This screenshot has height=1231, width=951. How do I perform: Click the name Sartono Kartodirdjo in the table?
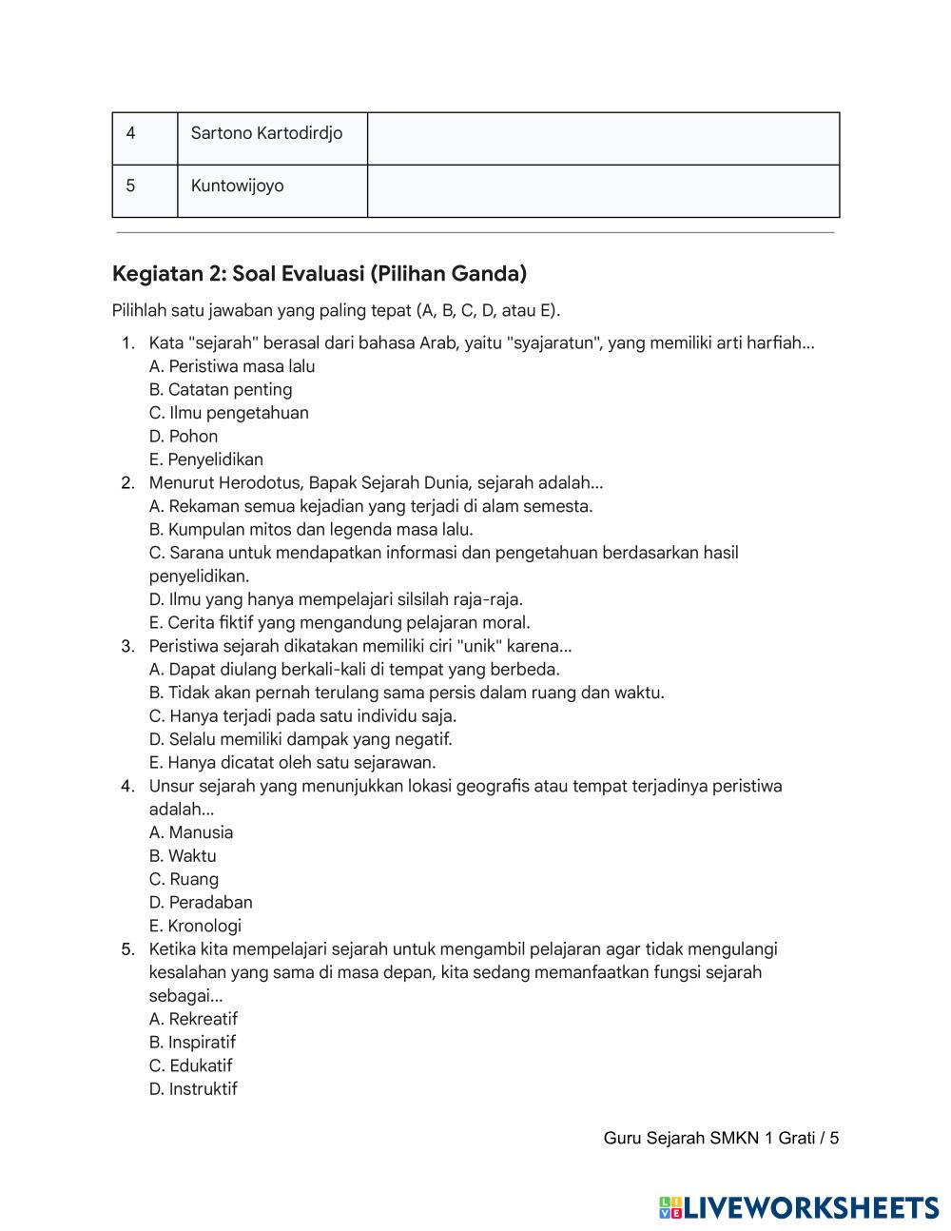tap(266, 133)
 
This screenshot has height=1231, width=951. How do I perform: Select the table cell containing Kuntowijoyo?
tap(238, 186)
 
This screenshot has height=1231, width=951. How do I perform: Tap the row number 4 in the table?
tap(131, 133)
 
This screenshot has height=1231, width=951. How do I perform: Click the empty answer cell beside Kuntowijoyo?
tap(603, 191)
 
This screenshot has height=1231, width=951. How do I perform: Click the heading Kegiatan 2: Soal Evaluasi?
tap(320, 274)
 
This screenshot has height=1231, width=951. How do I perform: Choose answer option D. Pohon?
tap(184, 437)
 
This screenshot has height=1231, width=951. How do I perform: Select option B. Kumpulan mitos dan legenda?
tap(311, 530)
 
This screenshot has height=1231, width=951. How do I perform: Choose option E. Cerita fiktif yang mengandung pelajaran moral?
tap(340, 623)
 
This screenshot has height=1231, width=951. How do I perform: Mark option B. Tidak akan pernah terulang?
tap(407, 694)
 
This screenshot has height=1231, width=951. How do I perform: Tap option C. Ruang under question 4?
tap(184, 880)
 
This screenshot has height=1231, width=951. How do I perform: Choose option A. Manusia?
tap(191, 833)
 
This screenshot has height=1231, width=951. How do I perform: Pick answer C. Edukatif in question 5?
tap(190, 1066)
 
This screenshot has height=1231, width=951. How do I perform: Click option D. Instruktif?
tap(193, 1089)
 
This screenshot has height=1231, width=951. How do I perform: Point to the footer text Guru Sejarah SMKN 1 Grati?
tap(720, 1139)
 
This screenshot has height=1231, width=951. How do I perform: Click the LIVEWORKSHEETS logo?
tap(799, 1208)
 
